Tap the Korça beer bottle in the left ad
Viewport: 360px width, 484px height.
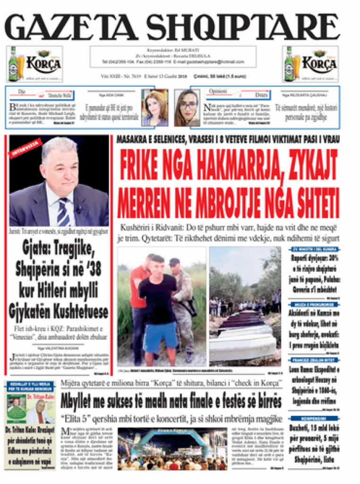point(13,64)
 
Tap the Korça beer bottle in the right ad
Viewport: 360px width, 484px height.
point(289,64)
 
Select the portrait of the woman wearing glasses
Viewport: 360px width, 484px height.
point(187,108)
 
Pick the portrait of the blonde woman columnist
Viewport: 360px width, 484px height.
point(154,108)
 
